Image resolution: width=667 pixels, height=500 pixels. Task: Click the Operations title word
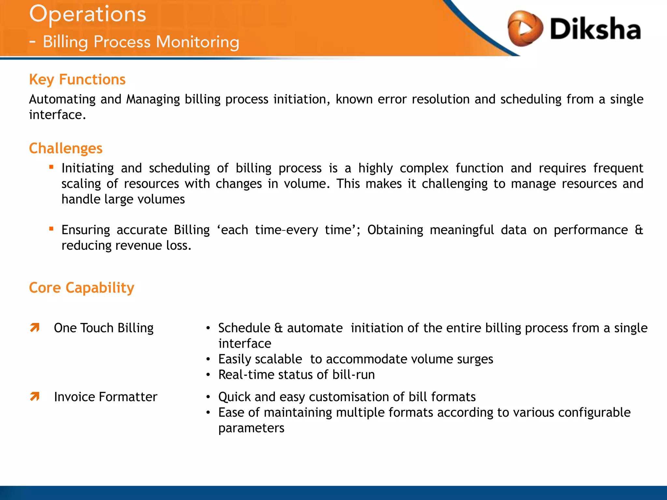88,15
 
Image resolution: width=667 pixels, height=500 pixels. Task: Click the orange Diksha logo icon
525,29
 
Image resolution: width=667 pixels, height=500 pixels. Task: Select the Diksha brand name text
595,29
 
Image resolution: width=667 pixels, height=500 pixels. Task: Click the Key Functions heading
77,80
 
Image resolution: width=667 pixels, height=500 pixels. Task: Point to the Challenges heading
65,148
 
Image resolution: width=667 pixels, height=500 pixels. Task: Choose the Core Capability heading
81,288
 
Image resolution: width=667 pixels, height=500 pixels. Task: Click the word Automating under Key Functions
62,99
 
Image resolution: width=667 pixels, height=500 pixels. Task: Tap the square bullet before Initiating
51,167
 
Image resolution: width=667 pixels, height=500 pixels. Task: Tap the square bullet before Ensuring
51,229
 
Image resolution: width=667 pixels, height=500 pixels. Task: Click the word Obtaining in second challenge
395,230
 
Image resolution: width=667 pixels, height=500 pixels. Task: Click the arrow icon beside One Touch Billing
35,327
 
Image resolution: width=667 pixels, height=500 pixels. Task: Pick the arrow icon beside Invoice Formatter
35,396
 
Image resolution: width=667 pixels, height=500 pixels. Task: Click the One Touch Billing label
104,328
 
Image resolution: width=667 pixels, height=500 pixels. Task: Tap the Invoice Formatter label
106,397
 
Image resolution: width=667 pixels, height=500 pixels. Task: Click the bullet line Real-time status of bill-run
296,375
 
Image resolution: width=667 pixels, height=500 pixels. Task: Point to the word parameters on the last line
251,428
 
